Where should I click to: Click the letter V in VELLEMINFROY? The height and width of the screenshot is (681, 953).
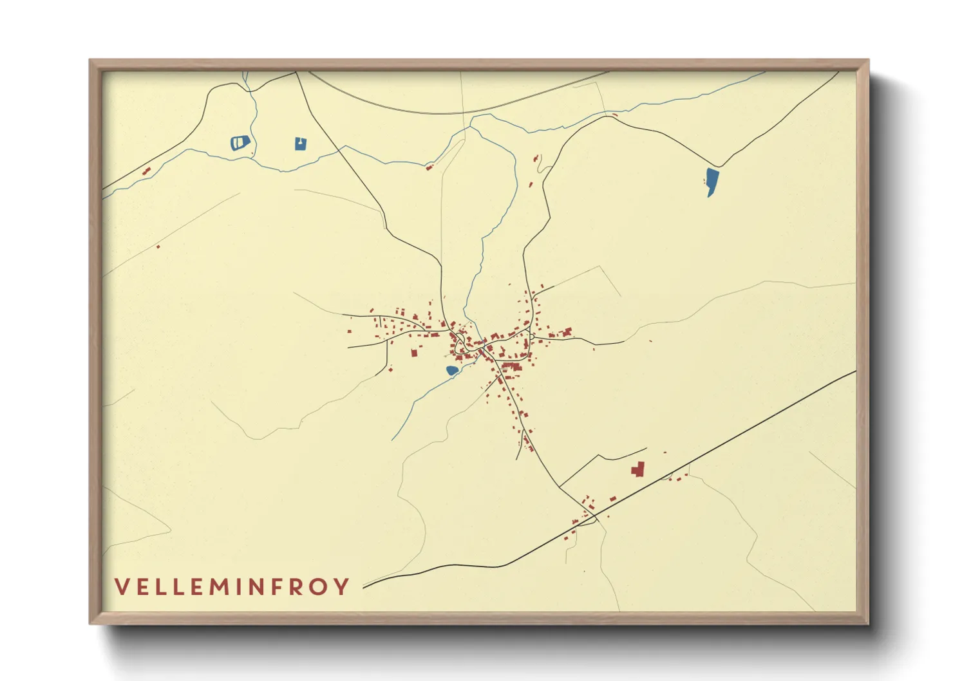coord(122,586)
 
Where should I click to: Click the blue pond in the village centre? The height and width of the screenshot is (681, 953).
coord(452,370)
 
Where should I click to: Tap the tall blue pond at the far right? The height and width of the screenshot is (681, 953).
coord(711,180)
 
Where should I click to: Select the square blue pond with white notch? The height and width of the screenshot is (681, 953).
coord(300,144)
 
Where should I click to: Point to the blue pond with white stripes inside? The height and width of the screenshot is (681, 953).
coord(240,142)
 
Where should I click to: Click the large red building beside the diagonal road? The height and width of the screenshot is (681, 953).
coord(638,469)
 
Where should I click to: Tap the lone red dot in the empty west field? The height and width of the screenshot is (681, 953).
coord(158,247)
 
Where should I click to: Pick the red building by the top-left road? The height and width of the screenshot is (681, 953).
coord(146,171)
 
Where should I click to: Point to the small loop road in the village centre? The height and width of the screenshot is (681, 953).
coord(460,346)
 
